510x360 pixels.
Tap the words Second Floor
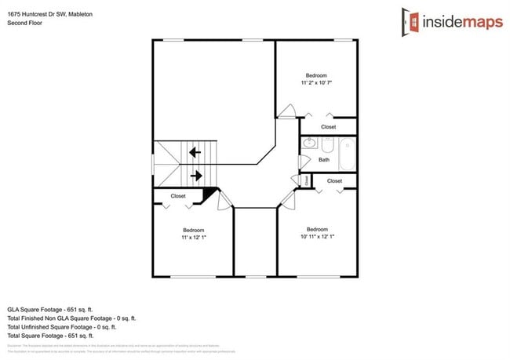[25, 24]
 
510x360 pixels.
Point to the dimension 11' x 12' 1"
[194, 237]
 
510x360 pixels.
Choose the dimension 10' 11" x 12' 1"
[317, 236]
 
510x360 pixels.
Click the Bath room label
[323, 160]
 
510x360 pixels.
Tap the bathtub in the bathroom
[347, 153]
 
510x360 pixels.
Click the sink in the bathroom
[308, 144]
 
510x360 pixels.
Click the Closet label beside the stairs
[178, 196]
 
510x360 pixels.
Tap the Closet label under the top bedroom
[328, 127]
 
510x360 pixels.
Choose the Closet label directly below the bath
[334, 181]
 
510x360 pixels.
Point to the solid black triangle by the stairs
[209, 195]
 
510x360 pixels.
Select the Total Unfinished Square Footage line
[61, 327]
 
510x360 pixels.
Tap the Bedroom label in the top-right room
[317, 75]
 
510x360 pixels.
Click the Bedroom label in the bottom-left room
[193, 230]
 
